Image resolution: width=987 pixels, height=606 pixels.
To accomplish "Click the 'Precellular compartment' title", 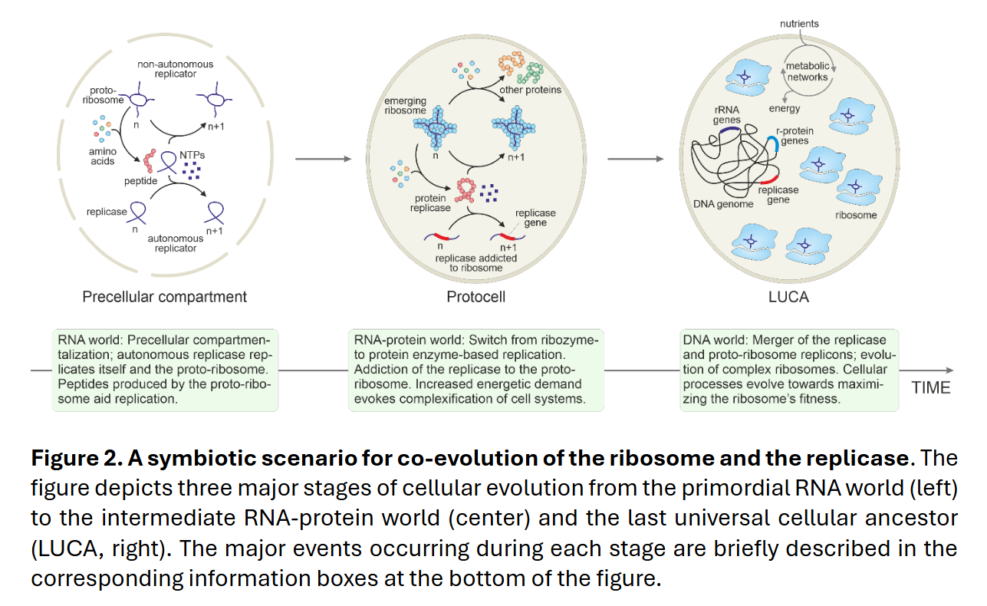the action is coord(164,297).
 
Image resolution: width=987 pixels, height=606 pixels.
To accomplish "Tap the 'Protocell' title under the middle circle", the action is coord(476,297).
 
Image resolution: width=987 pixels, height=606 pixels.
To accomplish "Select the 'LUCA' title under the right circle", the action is coord(788,297).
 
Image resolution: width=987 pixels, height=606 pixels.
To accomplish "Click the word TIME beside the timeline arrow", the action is coord(930,388).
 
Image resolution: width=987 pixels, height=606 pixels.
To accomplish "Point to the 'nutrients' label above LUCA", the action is coord(799,24).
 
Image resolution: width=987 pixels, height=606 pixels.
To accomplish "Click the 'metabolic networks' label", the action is coord(808,71).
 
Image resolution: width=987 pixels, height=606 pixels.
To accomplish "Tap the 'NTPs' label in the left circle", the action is coord(192,155).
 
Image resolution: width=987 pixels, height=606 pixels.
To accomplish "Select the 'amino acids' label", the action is coord(102,156).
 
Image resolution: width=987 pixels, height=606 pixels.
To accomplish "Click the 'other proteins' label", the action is coord(530,90).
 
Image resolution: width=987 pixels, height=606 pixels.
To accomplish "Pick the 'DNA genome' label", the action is coord(723,204).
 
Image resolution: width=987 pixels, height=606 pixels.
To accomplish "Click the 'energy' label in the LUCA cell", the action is coord(785,108).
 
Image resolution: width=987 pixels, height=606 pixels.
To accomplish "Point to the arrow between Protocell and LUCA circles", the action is coord(636,159).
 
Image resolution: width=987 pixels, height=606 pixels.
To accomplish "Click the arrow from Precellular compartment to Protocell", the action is coord(323,159).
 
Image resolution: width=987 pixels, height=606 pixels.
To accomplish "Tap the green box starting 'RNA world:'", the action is coord(165,371).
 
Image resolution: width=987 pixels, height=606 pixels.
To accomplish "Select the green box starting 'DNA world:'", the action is coord(789,371).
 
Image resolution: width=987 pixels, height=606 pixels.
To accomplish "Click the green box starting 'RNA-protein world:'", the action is coord(476,371).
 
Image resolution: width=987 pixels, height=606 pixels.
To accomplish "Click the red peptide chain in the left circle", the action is coord(150,161).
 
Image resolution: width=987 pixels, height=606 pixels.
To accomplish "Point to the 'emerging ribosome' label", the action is coord(405,106).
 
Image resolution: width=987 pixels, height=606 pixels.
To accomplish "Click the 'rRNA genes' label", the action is coord(726,115).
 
